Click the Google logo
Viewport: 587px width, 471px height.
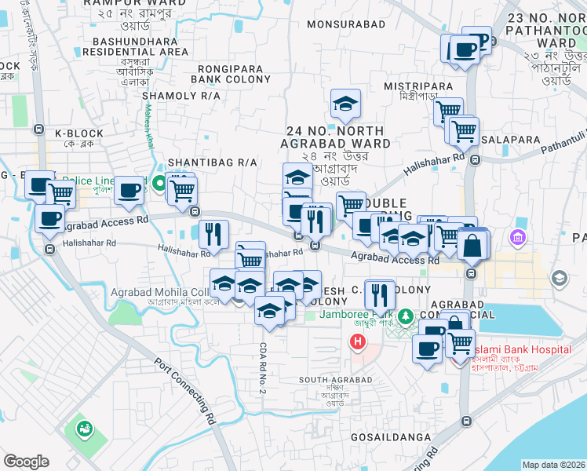coord(26,462)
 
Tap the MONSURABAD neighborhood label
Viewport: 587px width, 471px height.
coord(346,24)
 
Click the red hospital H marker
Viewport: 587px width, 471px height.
coord(358,342)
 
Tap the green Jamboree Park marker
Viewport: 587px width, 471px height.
coord(405,316)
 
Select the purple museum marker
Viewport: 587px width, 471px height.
coord(517,236)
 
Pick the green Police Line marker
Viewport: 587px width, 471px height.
coord(160,185)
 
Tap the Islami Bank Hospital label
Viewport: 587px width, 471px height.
coord(521,349)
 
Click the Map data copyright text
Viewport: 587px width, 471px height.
coord(553,465)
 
